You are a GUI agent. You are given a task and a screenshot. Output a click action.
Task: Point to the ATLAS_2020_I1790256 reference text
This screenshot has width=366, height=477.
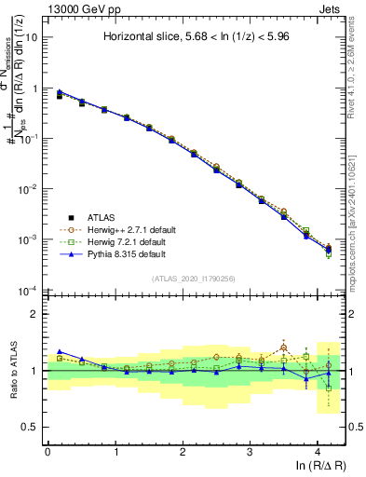click(x=193, y=279)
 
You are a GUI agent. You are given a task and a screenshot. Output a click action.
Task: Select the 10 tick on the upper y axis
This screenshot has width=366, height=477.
click(x=33, y=38)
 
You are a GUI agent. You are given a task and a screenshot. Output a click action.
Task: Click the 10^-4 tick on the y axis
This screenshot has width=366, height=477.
click(x=30, y=290)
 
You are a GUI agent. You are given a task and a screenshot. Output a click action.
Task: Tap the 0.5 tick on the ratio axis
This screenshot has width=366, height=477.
click(x=31, y=427)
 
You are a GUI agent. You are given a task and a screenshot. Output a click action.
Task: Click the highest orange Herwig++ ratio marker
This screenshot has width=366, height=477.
click(x=284, y=348)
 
